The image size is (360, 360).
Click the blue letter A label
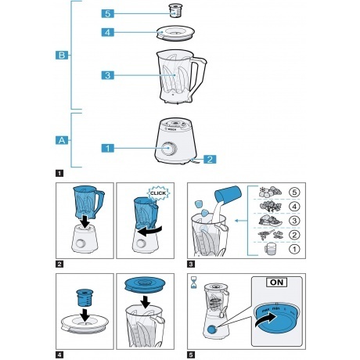62,139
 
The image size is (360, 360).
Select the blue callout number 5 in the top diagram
108,13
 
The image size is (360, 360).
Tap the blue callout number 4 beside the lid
108,32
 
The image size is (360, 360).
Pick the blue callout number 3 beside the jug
108,75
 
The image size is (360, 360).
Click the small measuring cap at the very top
176,11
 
